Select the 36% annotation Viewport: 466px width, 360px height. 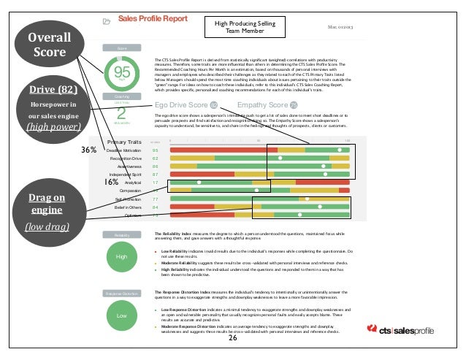pos(89,149)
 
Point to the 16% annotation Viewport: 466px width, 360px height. pos(111,182)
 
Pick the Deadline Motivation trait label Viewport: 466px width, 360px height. pos(124,150)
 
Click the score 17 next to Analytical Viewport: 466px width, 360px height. pos(155,183)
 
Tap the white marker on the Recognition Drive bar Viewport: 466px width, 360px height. pos(280,158)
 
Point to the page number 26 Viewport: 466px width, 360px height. pos(233,339)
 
